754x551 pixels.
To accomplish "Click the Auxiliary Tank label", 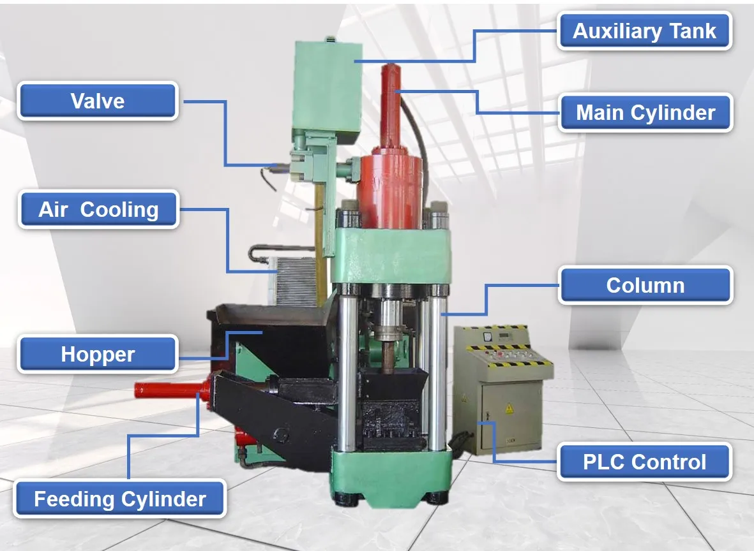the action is coord(644,31).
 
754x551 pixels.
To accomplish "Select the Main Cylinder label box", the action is coord(645,113).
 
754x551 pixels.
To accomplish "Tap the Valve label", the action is coord(98,101).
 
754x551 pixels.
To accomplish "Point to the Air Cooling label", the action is coord(98,209).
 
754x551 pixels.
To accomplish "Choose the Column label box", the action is coord(645,285).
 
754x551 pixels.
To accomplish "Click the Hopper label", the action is coord(98,354).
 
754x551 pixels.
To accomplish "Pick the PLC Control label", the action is coord(644,462).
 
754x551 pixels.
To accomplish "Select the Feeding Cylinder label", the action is coord(120,499).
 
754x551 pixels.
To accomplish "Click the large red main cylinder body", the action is coord(389,188).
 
